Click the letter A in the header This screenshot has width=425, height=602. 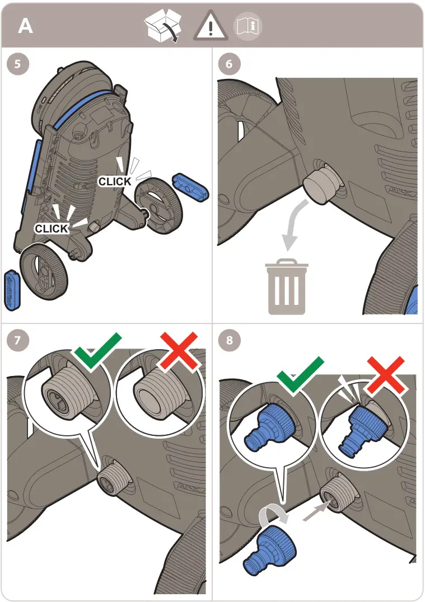tap(25, 26)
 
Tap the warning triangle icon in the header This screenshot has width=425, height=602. tap(210, 25)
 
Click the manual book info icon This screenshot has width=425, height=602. tap(248, 26)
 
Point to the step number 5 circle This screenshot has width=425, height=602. tap(18, 64)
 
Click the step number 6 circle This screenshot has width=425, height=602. tap(229, 64)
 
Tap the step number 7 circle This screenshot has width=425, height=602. tap(18, 340)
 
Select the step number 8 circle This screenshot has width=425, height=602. tap(229, 340)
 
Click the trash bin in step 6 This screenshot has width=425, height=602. tap(287, 286)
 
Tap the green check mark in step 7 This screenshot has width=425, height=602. tap(98, 351)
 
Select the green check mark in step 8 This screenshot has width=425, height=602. tap(300, 374)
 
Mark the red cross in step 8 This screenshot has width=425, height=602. tap(385, 375)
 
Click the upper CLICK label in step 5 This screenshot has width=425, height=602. tap(115, 181)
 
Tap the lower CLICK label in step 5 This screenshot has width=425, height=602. tap(52, 228)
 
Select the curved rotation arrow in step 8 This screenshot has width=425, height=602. tap(274, 513)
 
